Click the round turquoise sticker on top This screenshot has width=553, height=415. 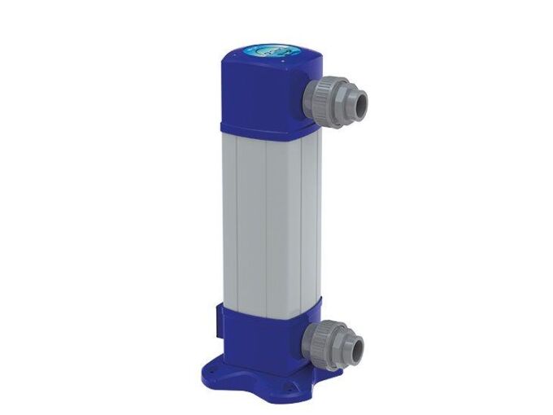[x=271, y=48]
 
